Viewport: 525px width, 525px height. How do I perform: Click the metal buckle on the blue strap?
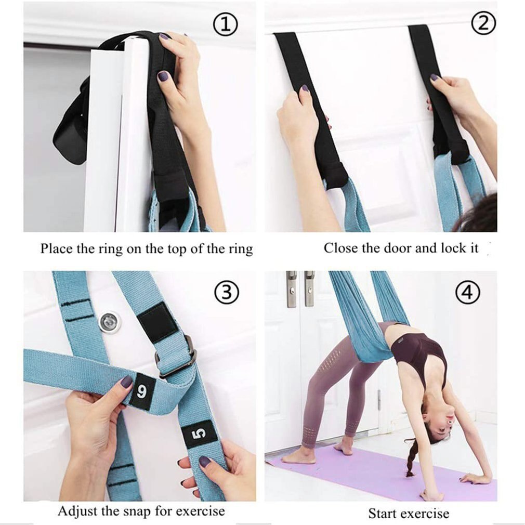click(x=177, y=356)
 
